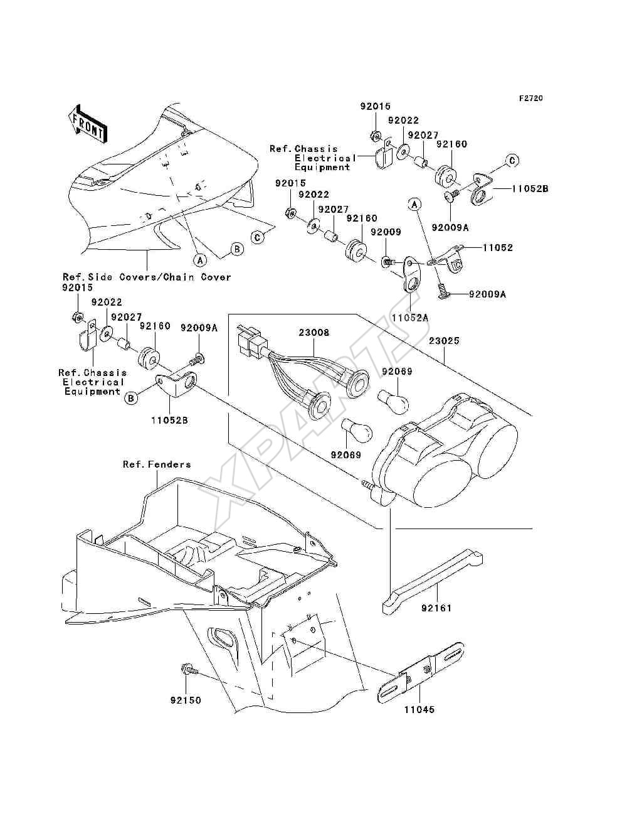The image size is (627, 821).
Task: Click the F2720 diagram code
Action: point(530,99)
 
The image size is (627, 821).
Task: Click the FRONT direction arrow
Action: point(87,124)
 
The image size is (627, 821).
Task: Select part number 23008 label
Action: point(313,333)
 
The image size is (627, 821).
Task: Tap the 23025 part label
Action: point(444,341)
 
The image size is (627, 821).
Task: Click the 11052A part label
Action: point(410,318)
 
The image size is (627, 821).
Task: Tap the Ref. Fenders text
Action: point(157,464)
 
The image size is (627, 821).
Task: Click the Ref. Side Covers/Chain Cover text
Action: point(147,277)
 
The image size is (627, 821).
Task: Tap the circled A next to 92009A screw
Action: point(414,204)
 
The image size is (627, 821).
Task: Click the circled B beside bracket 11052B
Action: point(131,399)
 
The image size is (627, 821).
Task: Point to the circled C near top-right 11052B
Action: point(512,161)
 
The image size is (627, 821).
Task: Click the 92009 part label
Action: point(386,232)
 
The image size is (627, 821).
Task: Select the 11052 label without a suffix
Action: point(497,247)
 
